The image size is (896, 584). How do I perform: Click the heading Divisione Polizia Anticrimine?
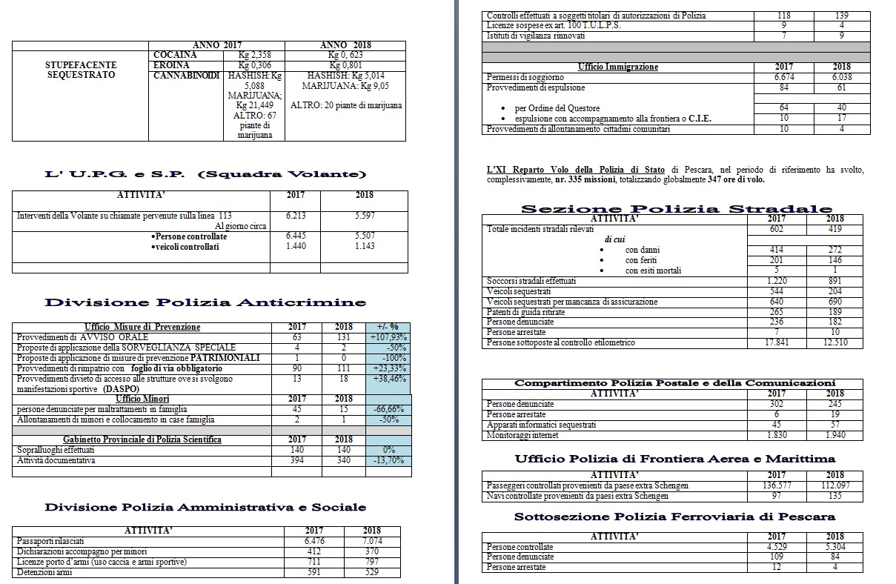point(205,302)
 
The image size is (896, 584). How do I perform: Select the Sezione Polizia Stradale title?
point(676,208)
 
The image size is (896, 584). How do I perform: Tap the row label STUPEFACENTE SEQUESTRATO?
point(80,70)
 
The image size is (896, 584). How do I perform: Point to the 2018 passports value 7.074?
point(372,541)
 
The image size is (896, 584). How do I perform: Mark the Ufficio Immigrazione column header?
point(617,67)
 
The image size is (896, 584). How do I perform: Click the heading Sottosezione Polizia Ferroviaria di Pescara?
point(674,517)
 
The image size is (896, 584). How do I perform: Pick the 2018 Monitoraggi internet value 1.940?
point(834,436)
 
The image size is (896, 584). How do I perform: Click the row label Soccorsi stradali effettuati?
point(531,281)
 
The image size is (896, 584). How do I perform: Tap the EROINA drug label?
point(171,65)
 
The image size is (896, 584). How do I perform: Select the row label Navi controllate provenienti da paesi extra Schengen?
point(577,496)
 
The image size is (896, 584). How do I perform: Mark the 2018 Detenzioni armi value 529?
point(372,572)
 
